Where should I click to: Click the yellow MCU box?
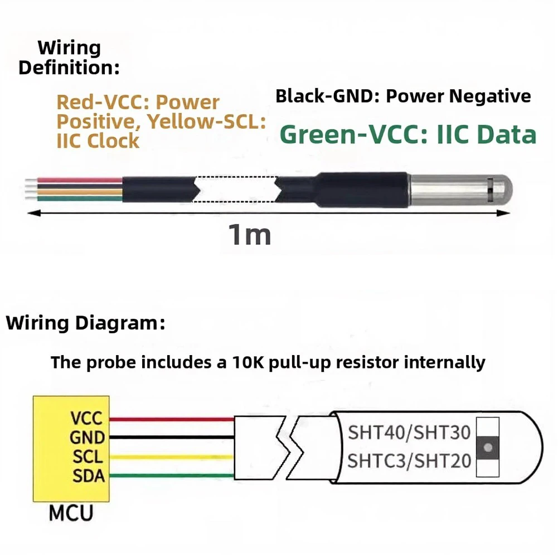click(x=71, y=449)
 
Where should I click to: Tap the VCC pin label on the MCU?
click(x=86, y=419)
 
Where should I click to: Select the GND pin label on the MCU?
click(x=87, y=438)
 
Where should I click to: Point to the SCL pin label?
click(x=88, y=457)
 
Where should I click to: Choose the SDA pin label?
click(x=89, y=476)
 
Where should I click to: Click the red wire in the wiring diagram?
click(x=172, y=419)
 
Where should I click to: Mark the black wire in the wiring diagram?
click(x=172, y=436)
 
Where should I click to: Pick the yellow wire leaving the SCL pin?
click(x=172, y=457)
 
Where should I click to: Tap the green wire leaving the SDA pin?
click(x=172, y=475)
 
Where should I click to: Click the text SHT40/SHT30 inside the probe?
click(x=409, y=433)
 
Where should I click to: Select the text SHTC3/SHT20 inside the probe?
click(x=409, y=461)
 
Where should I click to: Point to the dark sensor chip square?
click(x=488, y=447)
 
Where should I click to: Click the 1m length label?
click(x=250, y=235)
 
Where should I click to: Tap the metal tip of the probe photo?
click(x=461, y=190)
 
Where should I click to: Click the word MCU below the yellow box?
click(x=71, y=513)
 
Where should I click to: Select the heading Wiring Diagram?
click(x=86, y=323)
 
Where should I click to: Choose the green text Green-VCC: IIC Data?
click(x=408, y=134)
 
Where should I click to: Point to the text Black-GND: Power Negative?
click(x=403, y=96)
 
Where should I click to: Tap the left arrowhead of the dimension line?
click(x=34, y=213)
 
